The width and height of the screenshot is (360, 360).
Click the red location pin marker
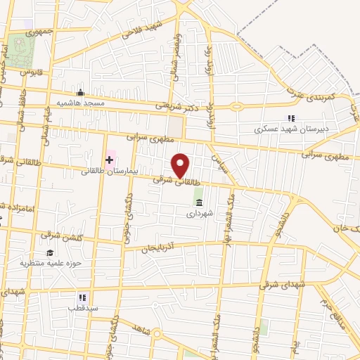(x=181, y=166)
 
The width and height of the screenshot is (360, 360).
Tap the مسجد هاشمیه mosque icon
(x=81, y=92)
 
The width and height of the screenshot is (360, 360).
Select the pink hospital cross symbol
(x=109, y=160)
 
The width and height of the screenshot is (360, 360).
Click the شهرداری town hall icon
(x=198, y=203)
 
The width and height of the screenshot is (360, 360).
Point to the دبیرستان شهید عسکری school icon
(x=290, y=119)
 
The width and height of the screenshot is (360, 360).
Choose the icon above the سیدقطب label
(x=82, y=297)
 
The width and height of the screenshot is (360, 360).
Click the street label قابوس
(x=32, y=72)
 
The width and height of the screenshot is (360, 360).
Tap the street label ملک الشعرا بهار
(x=226, y=209)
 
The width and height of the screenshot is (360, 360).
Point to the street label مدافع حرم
(x=328, y=299)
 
